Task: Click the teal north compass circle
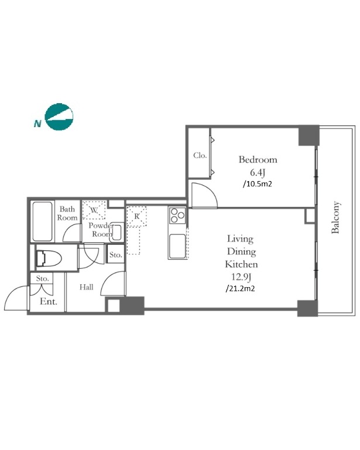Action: [x=59, y=117]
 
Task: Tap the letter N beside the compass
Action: [x=37, y=124]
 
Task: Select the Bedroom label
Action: [x=258, y=159]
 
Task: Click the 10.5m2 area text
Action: [x=257, y=183]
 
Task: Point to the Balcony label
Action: [x=335, y=217]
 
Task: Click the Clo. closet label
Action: [x=200, y=155]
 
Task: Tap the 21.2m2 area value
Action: [x=240, y=288]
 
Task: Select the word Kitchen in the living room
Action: [x=241, y=264]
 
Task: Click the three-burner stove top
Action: [x=177, y=215]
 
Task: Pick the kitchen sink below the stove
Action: [x=177, y=246]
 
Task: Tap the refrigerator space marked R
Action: [x=137, y=216]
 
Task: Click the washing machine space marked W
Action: [x=94, y=210]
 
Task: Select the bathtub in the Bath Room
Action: [x=43, y=221]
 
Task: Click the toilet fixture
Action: [x=49, y=258]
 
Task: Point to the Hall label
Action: [x=86, y=287]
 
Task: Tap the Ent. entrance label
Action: [x=49, y=302]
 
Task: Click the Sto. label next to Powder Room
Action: [x=116, y=254]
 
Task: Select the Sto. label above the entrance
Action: [x=42, y=278]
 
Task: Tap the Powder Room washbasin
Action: [x=116, y=232]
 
